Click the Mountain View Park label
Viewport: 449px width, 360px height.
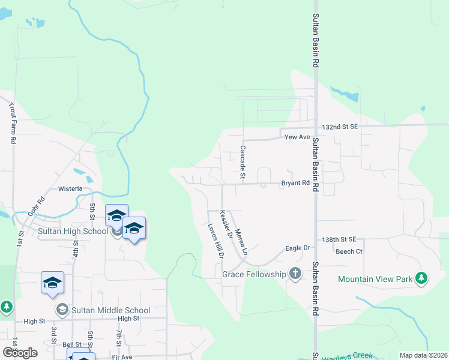coord(375,279)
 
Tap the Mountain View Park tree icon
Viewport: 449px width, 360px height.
coord(422,278)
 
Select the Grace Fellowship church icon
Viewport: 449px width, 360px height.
coord(295,274)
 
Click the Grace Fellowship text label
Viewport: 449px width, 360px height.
coord(254,274)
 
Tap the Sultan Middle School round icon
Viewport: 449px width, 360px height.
coord(61,310)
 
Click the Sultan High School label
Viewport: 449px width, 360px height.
coord(73,231)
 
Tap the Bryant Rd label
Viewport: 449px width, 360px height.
coord(297,183)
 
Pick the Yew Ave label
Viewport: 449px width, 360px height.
coord(297,137)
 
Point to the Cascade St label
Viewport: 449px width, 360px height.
coord(243,162)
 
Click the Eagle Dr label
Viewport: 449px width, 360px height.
coord(297,248)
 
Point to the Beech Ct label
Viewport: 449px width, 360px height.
coord(349,251)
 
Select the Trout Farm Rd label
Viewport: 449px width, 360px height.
coord(12,123)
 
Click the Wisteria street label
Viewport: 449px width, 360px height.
coord(70,188)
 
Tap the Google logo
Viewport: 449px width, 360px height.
coord(20,353)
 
